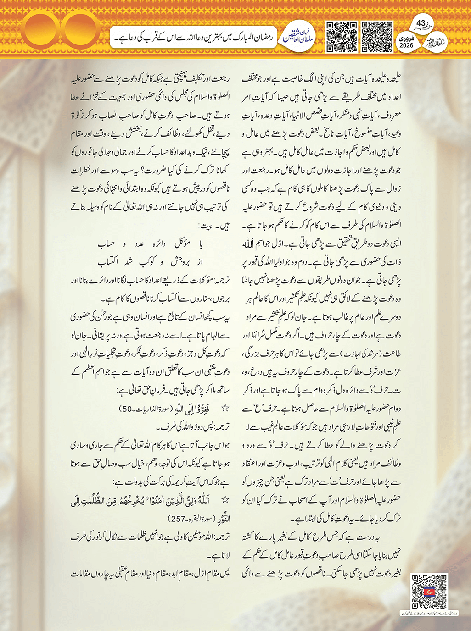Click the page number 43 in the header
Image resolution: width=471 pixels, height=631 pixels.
point(421,23)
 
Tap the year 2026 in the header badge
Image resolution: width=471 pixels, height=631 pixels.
point(406,46)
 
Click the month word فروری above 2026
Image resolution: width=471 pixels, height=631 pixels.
point(406,39)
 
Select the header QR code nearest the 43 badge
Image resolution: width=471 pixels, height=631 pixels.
point(377,36)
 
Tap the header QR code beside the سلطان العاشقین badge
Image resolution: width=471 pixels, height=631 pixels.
point(341,36)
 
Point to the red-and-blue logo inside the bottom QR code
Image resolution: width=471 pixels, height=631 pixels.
point(429,591)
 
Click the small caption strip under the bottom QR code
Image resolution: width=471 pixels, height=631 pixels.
point(429,613)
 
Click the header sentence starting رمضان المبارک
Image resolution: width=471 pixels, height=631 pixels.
point(193,38)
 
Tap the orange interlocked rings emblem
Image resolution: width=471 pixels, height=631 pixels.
point(58,30)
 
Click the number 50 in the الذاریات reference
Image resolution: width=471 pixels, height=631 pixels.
point(128,408)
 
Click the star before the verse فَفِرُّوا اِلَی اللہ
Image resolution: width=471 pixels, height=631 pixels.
point(225,408)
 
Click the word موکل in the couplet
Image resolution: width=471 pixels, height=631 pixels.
point(182,244)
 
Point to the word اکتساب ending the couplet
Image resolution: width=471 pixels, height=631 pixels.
point(108,262)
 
